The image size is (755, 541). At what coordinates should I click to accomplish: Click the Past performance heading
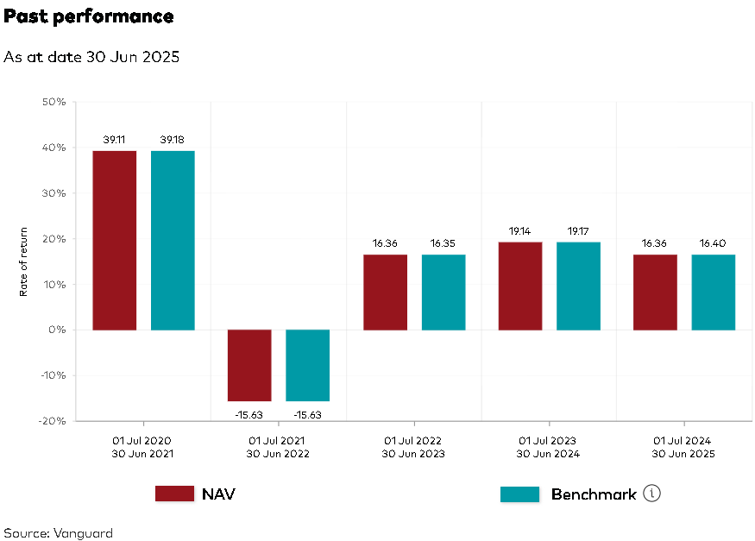[89, 16]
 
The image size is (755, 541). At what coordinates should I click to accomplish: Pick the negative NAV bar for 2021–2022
[249, 365]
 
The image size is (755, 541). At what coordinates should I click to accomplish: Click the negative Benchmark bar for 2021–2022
[308, 365]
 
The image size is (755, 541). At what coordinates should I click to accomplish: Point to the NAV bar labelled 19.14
[520, 286]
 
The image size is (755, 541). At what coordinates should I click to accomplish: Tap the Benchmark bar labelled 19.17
[578, 286]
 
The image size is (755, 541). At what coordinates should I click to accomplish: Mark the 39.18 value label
[173, 140]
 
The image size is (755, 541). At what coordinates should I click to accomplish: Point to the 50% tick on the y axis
[53, 103]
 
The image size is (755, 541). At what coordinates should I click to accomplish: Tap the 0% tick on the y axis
[57, 330]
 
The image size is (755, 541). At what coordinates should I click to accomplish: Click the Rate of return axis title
[24, 261]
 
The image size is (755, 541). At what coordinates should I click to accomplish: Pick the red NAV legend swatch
[174, 494]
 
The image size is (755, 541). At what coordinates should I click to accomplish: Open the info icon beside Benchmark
[652, 494]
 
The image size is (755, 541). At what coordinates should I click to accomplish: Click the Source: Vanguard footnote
[58, 532]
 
